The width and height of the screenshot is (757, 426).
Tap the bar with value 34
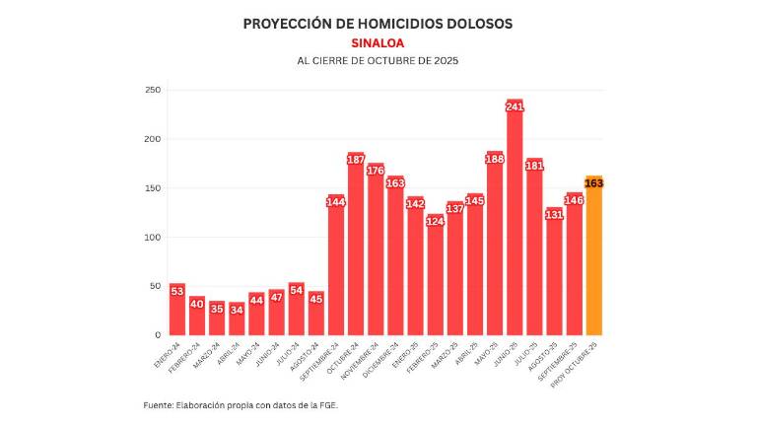click(x=237, y=320)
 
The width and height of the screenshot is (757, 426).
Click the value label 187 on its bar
click(x=356, y=160)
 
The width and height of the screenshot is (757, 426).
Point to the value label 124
click(x=435, y=221)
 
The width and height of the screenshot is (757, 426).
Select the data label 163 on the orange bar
click(x=593, y=183)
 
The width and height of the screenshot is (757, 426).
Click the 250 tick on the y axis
click(x=153, y=90)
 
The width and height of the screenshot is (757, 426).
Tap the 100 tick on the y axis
click(x=153, y=237)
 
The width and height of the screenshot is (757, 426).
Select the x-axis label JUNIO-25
click(x=505, y=352)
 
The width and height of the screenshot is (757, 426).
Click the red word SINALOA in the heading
click(x=378, y=42)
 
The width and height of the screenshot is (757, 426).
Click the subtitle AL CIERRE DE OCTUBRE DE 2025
click(x=378, y=61)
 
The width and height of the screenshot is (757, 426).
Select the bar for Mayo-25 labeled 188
click(x=495, y=247)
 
